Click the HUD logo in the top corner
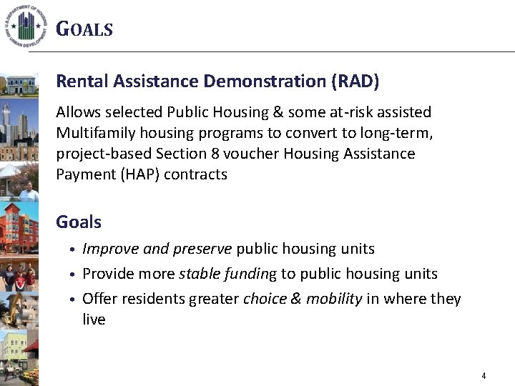tap(27, 24)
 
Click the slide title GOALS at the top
tap(84, 29)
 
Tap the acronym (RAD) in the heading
tap(355, 81)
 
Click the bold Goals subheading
tap(79, 222)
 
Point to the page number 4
tap(484, 376)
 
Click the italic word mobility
tap(334, 299)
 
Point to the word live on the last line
tap(94, 320)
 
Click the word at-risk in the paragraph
tap(350, 112)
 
